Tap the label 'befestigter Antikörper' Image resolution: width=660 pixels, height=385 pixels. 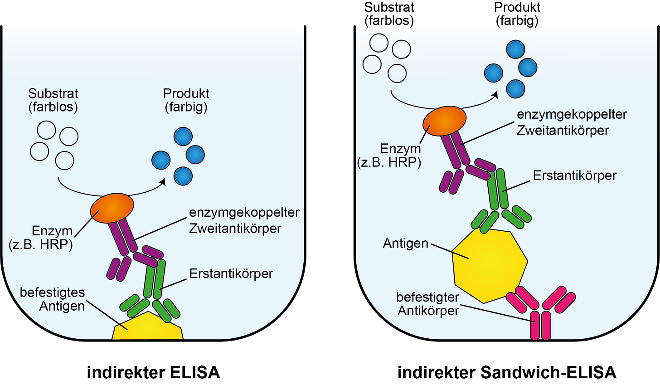(428, 304)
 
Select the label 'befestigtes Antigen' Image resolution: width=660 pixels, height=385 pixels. (53, 299)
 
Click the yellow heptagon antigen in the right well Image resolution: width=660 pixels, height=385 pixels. (490, 265)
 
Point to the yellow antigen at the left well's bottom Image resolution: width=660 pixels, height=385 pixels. (148, 327)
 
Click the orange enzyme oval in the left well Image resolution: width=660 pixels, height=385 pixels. (112, 207)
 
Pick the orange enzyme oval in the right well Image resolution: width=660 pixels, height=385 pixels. (444, 121)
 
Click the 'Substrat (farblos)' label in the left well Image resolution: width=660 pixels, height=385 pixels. (53, 100)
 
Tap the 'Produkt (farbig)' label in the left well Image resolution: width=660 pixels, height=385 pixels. (186, 100)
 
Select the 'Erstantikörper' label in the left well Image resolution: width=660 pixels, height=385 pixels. (231, 274)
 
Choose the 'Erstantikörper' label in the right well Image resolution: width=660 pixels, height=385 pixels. (575, 175)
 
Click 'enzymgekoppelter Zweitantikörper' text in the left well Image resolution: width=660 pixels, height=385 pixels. (244, 220)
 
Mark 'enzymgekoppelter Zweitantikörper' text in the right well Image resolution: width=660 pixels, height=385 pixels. (571, 122)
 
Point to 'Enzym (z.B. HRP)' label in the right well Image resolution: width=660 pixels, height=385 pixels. (390, 156)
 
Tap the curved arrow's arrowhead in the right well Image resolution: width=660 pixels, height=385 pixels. (495, 95)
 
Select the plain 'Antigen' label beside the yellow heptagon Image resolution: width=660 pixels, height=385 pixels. (405, 244)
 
